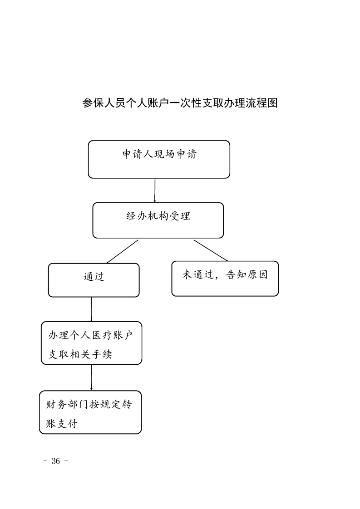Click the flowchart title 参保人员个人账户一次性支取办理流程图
(180, 103)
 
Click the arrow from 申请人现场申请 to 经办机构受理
(155, 191)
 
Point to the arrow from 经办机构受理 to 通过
(122, 252)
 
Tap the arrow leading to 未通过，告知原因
(211, 250)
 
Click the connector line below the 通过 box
(92, 309)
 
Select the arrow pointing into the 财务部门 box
(92, 377)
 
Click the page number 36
(55, 461)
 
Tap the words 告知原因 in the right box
(247, 274)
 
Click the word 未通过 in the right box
(198, 274)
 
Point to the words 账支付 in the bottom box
(62, 424)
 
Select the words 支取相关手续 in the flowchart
(80, 354)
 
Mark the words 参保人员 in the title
(104, 103)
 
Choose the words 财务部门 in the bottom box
(67, 405)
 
